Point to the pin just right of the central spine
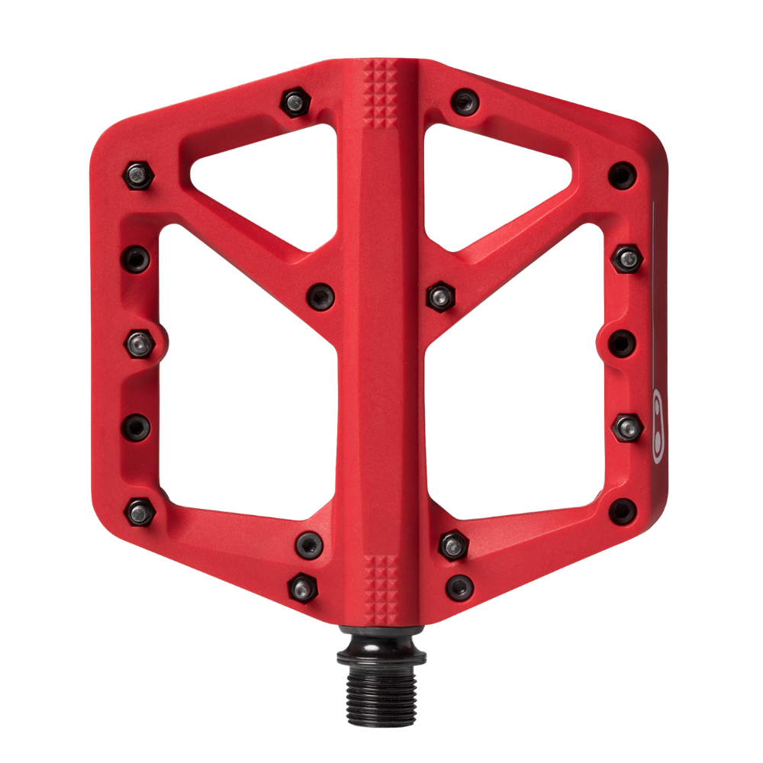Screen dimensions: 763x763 pyautogui.click(x=439, y=293)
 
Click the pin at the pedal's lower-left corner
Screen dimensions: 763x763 pyautogui.click(x=138, y=509)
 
